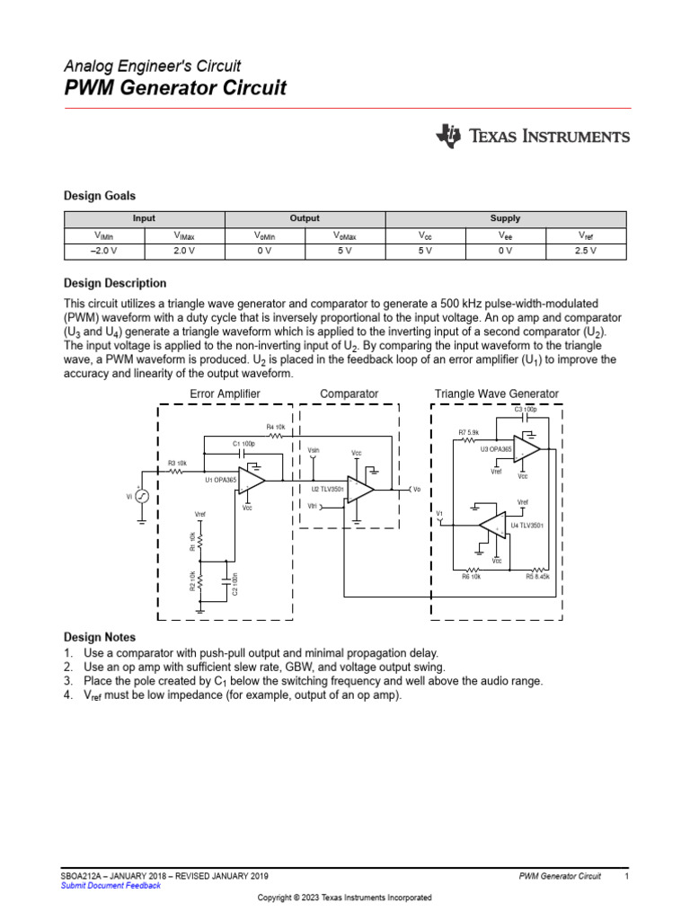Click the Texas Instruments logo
[533, 137]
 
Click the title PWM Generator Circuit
[175, 88]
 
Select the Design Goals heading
[99, 195]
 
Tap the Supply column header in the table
[505, 218]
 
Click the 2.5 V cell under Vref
[585, 252]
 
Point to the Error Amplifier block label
[225, 394]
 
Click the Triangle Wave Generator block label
[496, 394]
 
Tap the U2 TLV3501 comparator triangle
[361, 490]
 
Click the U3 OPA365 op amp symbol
[526, 448]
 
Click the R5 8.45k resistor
[537, 569]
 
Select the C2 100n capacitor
[226, 584]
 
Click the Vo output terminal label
[416, 489]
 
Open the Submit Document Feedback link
[110, 886]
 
